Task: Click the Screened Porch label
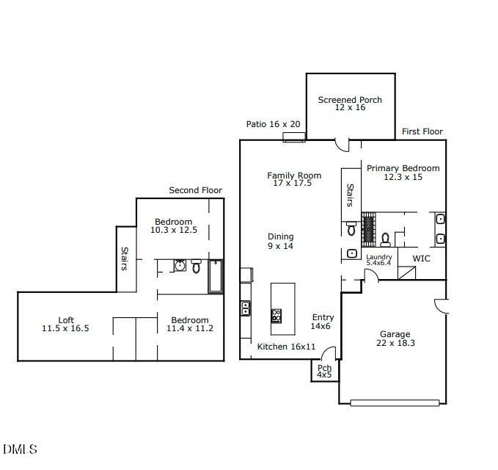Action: [x=350, y=104]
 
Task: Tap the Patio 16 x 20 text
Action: [x=274, y=124]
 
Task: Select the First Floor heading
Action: [x=422, y=131]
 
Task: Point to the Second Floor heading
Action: [x=195, y=190]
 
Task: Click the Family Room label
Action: [x=294, y=179]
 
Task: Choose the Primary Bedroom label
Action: [x=403, y=173]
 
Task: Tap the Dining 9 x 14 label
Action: [x=280, y=241]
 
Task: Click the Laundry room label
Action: [x=379, y=259]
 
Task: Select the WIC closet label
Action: [x=421, y=258]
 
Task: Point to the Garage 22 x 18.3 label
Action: [x=395, y=338]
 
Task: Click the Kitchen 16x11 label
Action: [x=286, y=347]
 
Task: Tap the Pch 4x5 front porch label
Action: [x=323, y=371]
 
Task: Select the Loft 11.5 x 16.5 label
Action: [x=66, y=325]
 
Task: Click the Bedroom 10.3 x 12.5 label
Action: [x=173, y=225]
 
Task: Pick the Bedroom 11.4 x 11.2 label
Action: [x=190, y=325]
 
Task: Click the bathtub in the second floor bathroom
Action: [x=216, y=276]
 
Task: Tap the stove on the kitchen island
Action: [x=277, y=316]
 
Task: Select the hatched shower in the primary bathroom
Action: [x=368, y=223]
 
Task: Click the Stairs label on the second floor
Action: [x=124, y=258]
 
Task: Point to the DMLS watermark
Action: [x=20, y=449]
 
